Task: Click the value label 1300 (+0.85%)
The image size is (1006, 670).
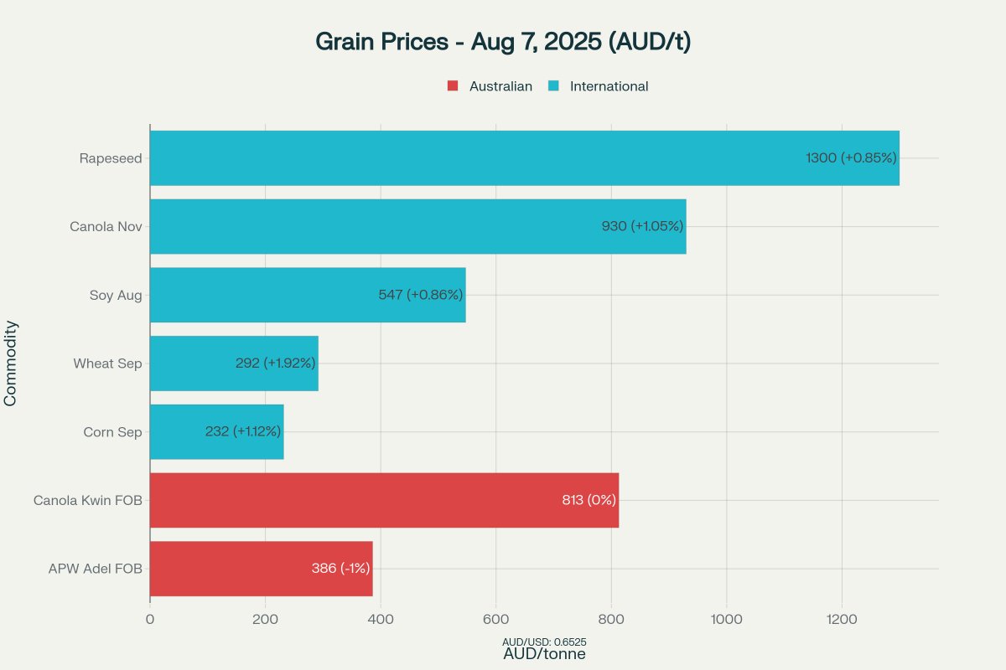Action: point(851,157)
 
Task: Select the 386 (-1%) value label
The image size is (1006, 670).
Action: point(340,569)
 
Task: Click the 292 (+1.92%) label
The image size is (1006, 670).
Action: point(275,363)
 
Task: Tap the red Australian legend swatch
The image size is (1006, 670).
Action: point(453,86)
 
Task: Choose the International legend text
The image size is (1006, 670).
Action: point(609,86)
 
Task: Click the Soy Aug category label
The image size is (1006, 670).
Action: point(116,295)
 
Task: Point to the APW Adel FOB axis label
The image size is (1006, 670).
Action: point(95,569)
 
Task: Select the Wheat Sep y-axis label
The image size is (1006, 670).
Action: point(107,363)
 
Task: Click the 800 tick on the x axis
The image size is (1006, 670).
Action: point(611,620)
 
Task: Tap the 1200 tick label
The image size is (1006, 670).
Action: point(842,620)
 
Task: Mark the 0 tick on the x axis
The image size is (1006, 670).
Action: point(150,620)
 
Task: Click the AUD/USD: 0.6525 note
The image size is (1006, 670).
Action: point(544,642)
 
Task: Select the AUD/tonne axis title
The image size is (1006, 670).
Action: point(544,655)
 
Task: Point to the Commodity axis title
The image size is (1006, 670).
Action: point(11,363)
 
